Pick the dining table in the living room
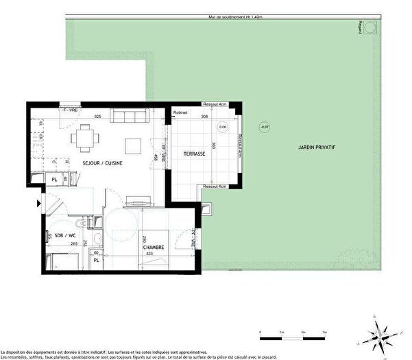tap(85, 136)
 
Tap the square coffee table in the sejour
tap(133, 145)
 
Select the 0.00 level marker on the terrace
tap(223, 127)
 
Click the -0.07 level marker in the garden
tap(265, 127)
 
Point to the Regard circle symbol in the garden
tap(372, 27)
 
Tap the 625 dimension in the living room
tap(98, 117)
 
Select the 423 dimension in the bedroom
tap(149, 253)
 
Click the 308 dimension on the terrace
tap(204, 117)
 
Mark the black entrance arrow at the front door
tap(38, 203)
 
